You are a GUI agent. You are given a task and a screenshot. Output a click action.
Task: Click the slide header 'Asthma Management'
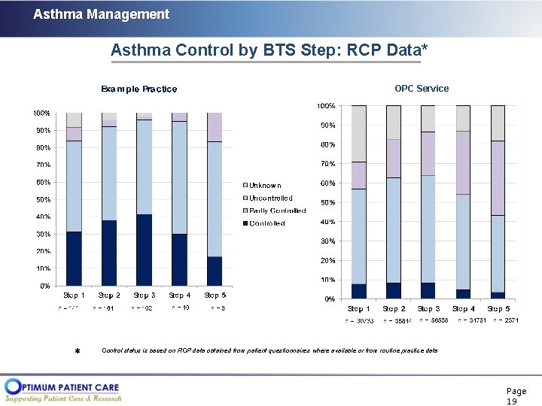point(101,14)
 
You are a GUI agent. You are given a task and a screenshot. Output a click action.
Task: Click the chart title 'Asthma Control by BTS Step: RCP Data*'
point(269,50)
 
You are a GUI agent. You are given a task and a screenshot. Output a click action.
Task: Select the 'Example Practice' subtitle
point(139,89)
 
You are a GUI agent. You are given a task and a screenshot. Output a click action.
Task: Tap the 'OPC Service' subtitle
point(421,88)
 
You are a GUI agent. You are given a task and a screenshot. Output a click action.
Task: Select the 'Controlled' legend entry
point(266,223)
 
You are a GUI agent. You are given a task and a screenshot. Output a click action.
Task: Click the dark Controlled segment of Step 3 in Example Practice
point(144,250)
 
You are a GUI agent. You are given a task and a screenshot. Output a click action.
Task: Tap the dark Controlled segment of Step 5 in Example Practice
point(215,271)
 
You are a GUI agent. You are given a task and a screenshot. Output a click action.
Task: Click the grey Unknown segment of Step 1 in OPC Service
point(358,133)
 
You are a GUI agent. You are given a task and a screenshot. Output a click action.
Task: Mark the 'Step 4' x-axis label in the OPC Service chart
point(463,309)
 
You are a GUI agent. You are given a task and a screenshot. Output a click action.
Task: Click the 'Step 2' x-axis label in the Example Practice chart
point(108,295)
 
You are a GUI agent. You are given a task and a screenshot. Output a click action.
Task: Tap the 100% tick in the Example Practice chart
point(41,114)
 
